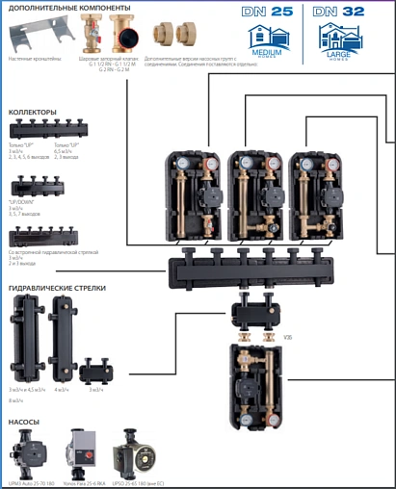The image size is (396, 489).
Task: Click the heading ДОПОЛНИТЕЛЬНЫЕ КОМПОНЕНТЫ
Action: (69, 8)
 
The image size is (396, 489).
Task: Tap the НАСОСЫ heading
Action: (25, 420)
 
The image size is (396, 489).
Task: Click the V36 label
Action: (287, 337)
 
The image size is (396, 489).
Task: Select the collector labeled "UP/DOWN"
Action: (47, 192)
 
